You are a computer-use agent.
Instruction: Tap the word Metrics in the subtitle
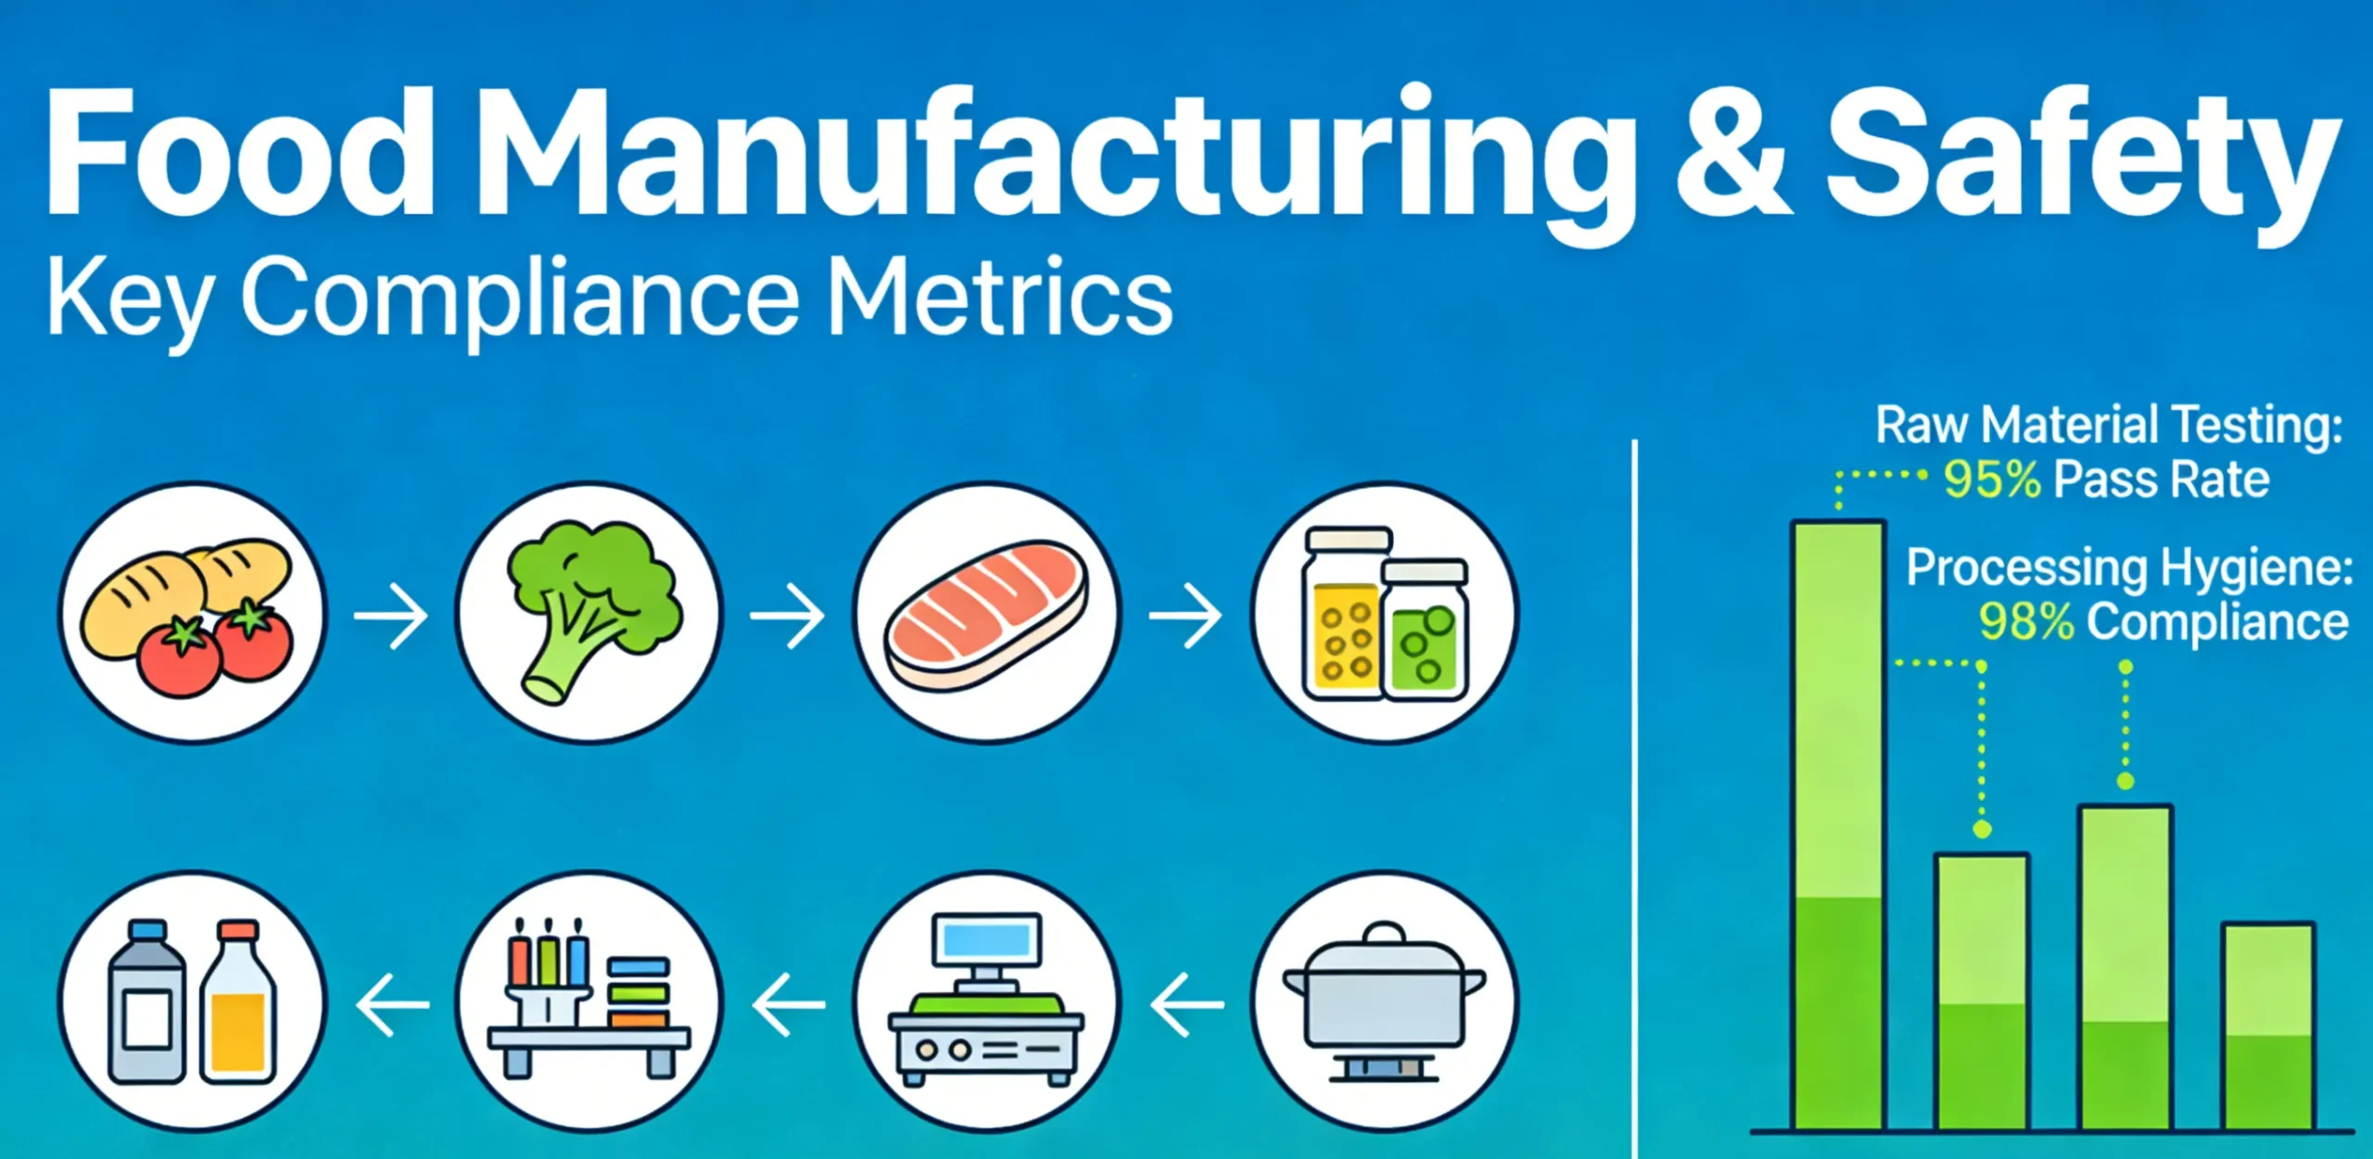tap(999, 299)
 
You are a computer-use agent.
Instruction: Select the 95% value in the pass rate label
tap(1992, 480)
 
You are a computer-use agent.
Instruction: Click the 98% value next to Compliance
tap(2026, 621)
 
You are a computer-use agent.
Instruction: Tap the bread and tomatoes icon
tap(192, 612)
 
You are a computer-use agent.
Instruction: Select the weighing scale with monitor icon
tap(986, 1001)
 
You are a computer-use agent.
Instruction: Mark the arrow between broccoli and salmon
tap(788, 614)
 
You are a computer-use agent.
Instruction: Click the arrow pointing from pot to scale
tap(1186, 1003)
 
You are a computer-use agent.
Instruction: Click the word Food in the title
tap(239, 153)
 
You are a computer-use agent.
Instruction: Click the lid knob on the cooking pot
tap(1385, 932)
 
